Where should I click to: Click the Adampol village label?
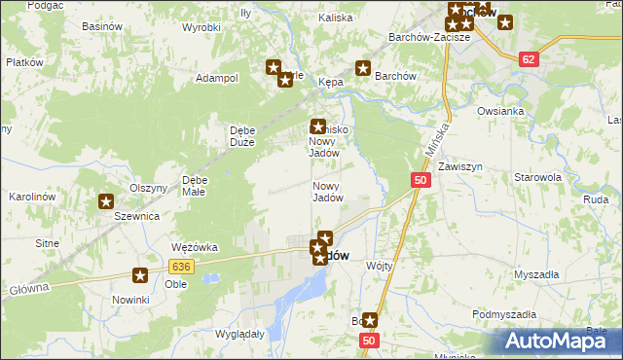coord(217,78)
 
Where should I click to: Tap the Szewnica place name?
coord(136,216)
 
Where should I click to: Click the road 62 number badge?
coord(529,59)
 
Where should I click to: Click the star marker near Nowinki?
coord(140,276)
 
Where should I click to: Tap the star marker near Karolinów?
coord(105,201)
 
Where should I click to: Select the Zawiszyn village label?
coord(460,166)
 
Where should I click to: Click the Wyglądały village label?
coord(240,333)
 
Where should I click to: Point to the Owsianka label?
coord(501,111)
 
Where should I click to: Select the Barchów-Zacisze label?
coord(429,37)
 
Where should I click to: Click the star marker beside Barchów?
coord(363,68)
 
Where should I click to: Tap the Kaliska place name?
coord(335,18)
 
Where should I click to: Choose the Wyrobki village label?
coord(202,27)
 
